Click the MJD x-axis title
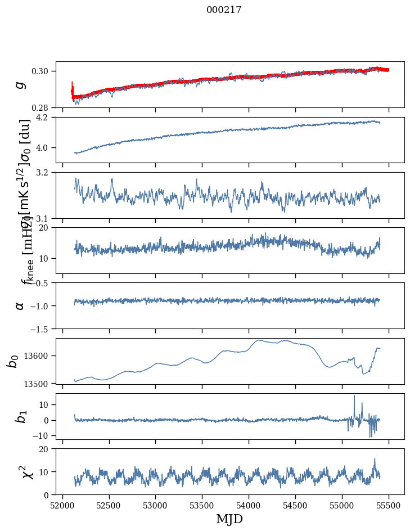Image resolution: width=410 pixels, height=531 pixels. point(229,519)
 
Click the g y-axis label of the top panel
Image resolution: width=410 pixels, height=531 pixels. point(20,84)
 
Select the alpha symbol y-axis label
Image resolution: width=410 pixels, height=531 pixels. point(20,305)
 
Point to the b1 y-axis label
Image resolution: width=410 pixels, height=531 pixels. point(20,416)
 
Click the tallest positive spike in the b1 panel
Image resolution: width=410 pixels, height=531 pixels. point(354,396)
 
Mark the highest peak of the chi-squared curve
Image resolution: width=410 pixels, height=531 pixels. point(375,458)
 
